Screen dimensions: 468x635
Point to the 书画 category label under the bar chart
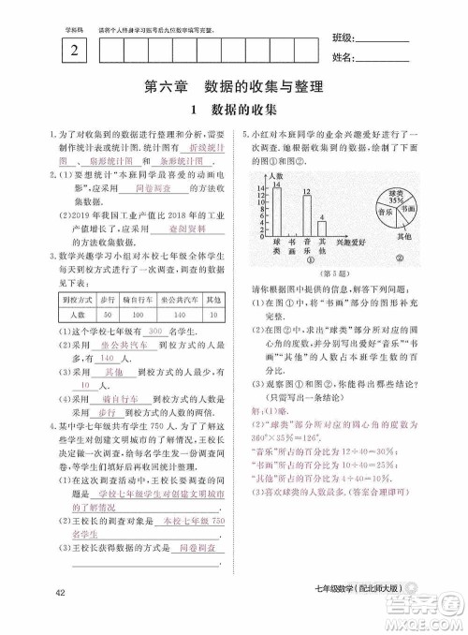click(x=292, y=249)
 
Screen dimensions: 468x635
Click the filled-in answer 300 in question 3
click(x=156, y=332)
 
